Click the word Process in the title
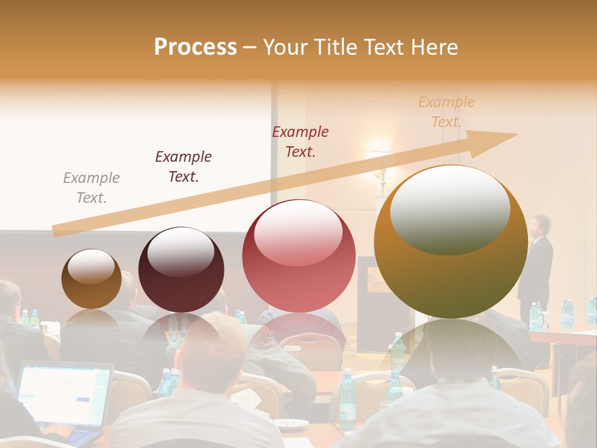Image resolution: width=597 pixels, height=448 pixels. [x=195, y=47]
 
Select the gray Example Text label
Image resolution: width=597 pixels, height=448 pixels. [x=91, y=188]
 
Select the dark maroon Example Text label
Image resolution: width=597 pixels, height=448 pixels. [x=183, y=167]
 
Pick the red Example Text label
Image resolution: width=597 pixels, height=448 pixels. [x=300, y=142]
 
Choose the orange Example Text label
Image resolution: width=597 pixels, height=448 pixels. [x=447, y=112]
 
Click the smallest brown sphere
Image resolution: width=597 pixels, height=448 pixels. [x=91, y=279]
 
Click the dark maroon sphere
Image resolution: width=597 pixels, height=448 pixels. [x=181, y=269]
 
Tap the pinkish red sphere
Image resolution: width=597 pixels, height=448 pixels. [x=299, y=256]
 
